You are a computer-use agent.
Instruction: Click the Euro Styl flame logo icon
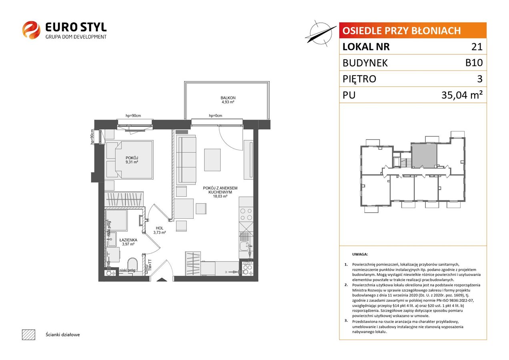coord(31,30)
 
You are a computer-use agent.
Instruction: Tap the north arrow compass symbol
coord(321,34)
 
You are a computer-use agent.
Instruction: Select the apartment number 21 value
coord(477,47)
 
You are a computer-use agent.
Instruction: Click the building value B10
coord(474,63)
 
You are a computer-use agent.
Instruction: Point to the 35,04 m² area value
coord(462,95)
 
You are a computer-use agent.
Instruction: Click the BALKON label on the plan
coord(228,98)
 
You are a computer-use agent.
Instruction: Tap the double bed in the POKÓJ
coord(130,159)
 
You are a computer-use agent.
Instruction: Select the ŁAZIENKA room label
coord(128,240)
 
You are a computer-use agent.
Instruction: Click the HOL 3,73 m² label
coord(160,230)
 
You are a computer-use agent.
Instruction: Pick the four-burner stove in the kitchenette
coord(246,214)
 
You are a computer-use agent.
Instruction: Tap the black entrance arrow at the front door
coord(162,280)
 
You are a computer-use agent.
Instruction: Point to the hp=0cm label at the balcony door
coord(215,116)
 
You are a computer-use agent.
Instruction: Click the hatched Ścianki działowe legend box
coord(29,334)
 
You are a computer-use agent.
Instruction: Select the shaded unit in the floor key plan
coord(425,156)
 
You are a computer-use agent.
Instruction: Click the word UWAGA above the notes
coord(360,254)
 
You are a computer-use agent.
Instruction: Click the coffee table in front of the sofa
coord(212,160)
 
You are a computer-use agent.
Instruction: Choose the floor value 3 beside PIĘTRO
coord(480,79)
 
